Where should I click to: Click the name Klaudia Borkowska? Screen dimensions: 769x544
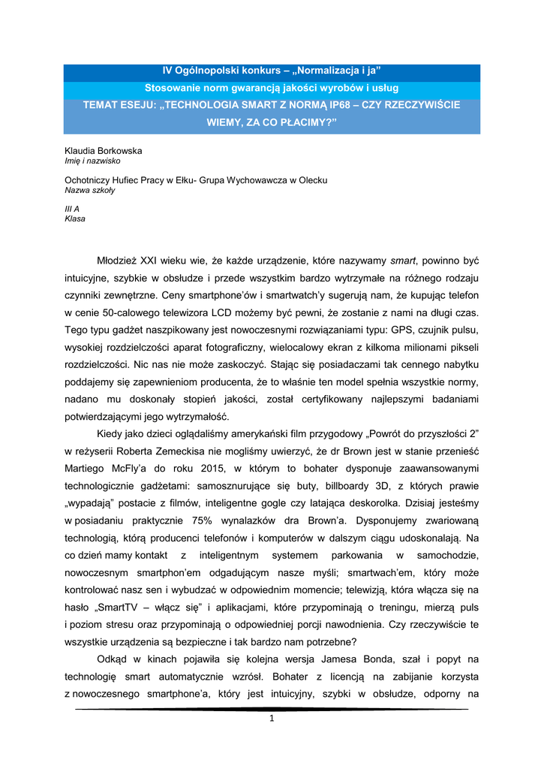tap(104, 151)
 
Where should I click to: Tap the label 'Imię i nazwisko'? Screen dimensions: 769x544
tap(93, 161)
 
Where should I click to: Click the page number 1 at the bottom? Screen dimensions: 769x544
tap(272, 719)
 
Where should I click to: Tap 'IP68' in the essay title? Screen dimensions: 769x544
tap(341, 106)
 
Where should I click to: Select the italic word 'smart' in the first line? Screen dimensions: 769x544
tap(404, 261)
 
